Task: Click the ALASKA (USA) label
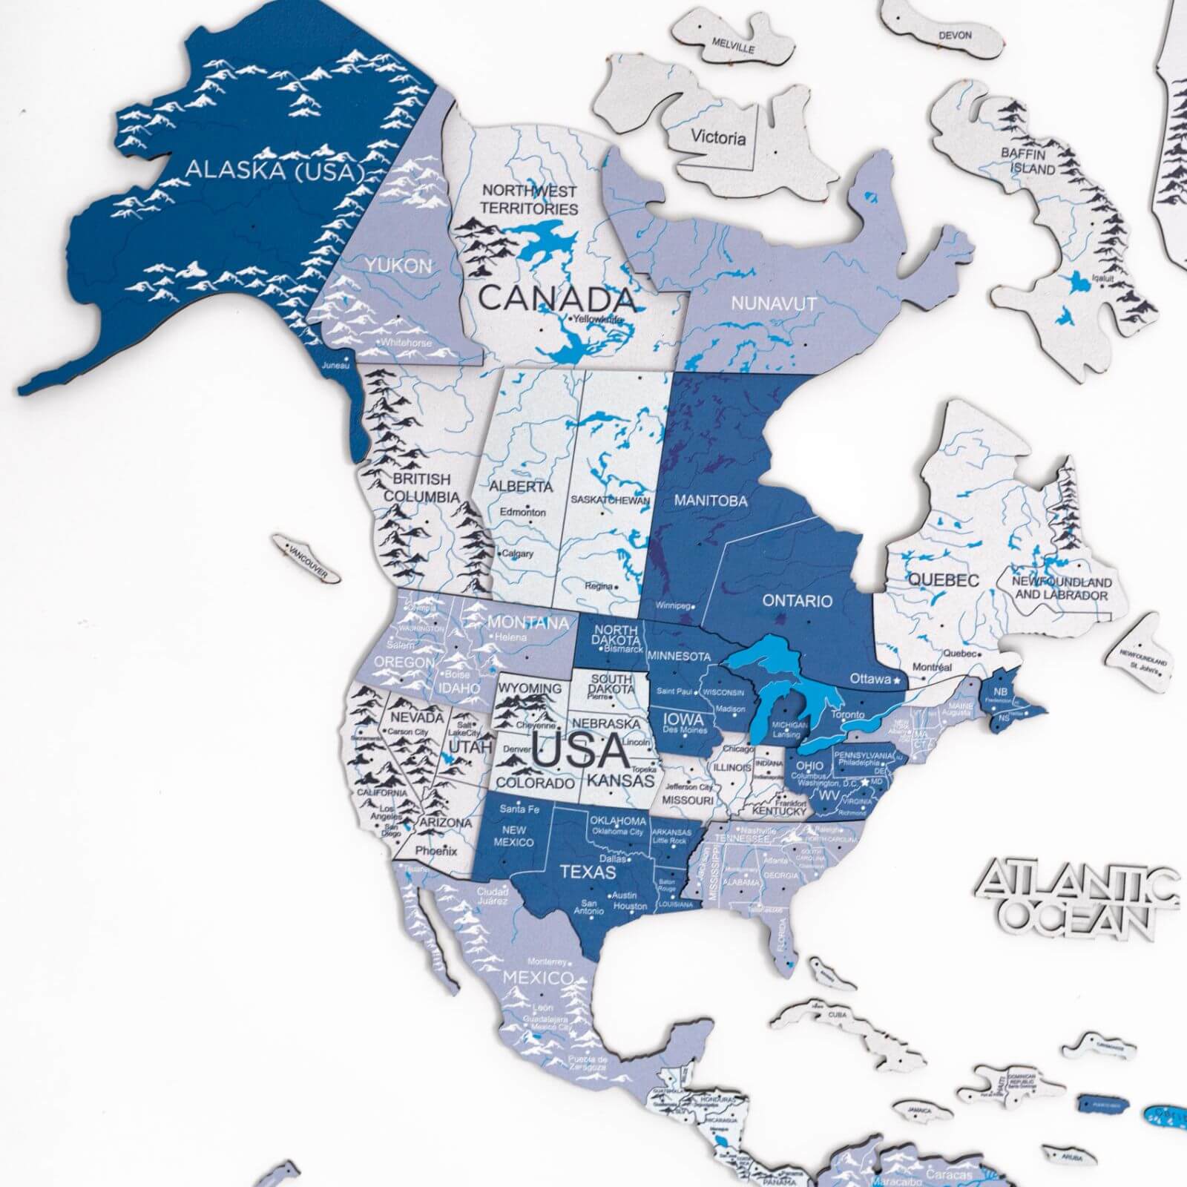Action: pos(274,170)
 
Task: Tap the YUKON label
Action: pos(398,266)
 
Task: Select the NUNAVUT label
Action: pos(774,303)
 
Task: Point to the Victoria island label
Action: pos(718,137)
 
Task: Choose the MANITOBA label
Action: pos(710,501)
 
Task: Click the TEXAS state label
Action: pos(588,872)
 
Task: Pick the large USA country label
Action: pos(580,751)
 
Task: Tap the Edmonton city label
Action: pos(523,512)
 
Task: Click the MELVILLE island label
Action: pos(733,45)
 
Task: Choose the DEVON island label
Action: pos(955,35)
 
